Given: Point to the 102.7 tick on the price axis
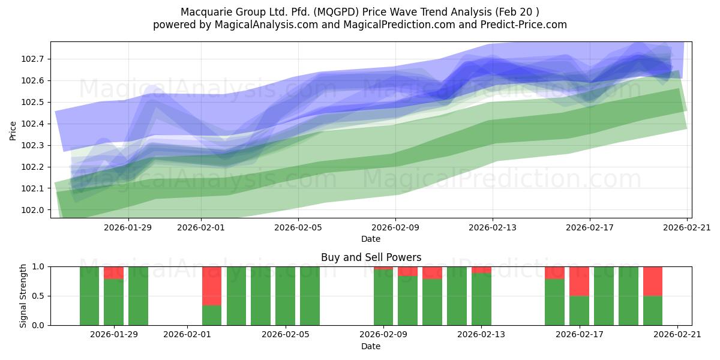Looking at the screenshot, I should pos(34,59).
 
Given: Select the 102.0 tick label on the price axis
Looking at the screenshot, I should pos(34,210).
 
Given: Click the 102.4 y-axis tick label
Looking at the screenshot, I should pos(34,124).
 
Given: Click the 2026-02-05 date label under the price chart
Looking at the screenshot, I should pos(298,227).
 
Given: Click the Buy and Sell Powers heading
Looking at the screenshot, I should pos(371,257).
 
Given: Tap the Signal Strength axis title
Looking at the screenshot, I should pos(23,295).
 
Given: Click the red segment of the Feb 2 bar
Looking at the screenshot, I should pos(212,286).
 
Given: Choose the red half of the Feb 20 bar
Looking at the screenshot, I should pos(653,281).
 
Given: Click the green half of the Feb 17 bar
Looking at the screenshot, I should pos(579,310).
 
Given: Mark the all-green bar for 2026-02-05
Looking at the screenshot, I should pos(285,296).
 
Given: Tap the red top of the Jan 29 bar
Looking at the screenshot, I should pos(113,272).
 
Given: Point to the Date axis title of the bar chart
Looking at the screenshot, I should pos(371,346).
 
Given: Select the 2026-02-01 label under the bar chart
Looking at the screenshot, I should pos(187,335).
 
